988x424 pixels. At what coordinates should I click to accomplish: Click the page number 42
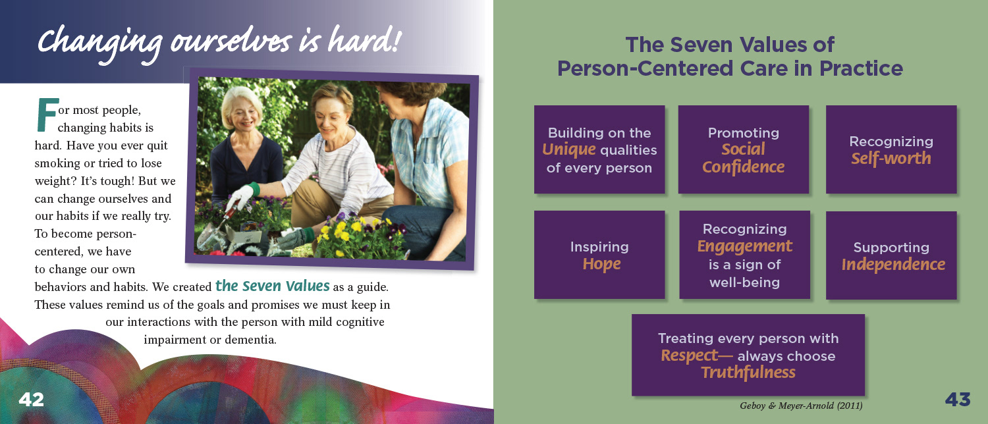(32, 400)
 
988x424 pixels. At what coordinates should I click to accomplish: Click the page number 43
(958, 400)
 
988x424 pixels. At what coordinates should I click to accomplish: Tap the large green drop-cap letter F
(47, 115)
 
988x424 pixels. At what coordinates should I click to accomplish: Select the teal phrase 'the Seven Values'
(272, 286)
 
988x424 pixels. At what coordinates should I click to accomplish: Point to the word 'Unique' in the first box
(569, 150)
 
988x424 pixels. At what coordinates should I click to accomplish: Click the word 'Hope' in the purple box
(601, 264)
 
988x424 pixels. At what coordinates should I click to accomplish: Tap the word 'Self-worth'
(891, 158)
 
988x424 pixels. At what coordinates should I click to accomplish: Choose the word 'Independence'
(893, 265)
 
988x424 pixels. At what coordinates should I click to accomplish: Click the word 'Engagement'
(744, 246)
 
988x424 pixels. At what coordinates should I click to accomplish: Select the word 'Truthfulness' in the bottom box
(748, 373)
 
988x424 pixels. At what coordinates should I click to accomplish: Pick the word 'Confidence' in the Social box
(743, 167)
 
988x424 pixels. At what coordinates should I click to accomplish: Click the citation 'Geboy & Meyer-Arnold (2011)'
(801, 406)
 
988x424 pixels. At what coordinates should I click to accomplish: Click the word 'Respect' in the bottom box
(690, 356)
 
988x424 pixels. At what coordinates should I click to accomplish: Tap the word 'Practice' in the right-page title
(861, 68)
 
